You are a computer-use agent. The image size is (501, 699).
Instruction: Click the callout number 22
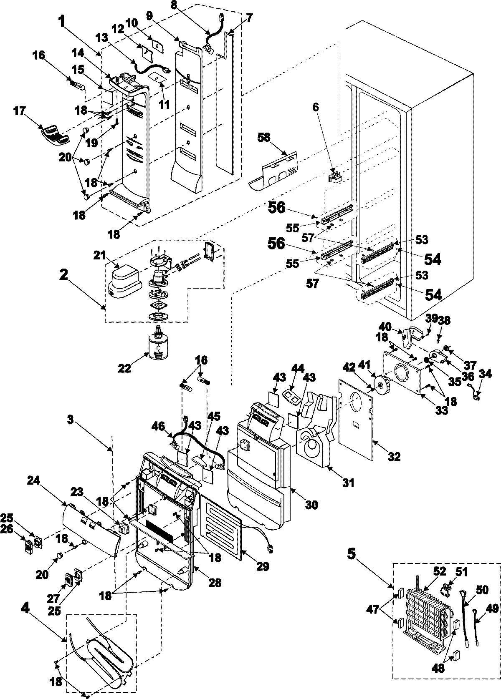(x=124, y=368)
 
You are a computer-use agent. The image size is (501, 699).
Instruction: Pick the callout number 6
(x=316, y=107)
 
